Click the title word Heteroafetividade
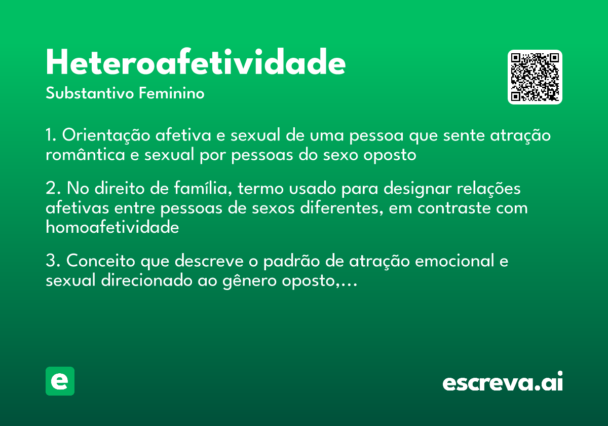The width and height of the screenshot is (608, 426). point(196,62)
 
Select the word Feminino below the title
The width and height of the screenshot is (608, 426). point(172,94)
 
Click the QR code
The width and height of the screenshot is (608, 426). point(535,77)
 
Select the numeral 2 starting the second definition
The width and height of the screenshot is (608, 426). point(50,189)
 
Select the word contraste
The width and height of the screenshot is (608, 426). point(454,208)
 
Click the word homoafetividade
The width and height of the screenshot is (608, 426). point(112,227)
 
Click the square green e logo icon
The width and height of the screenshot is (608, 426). point(60,381)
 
